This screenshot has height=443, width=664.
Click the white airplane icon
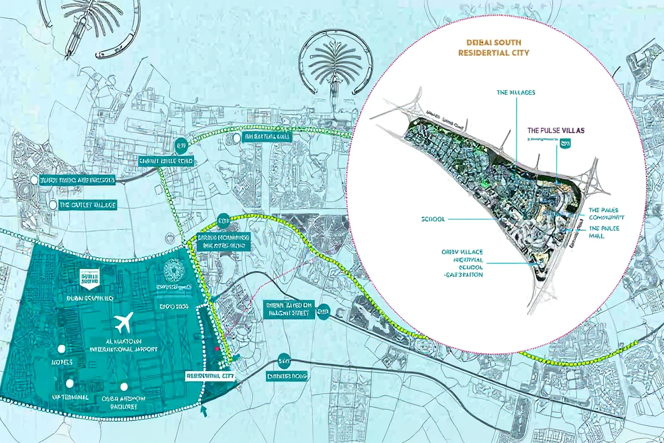click(x=123, y=322)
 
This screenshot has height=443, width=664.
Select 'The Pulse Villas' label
click(x=557, y=129)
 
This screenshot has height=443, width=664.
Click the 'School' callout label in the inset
click(x=433, y=219)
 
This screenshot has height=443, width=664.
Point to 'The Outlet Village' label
click(x=88, y=205)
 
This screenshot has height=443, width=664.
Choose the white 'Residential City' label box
click(x=210, y=375)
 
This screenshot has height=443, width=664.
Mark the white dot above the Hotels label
click(x=62, y=349)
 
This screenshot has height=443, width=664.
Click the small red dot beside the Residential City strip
click(x=217, y=348)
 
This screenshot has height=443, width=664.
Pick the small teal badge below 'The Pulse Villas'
click(x=565, y=142)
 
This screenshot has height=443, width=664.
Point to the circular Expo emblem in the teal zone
click(x=173, y=272)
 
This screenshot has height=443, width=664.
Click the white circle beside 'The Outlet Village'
click(x=53, y=205)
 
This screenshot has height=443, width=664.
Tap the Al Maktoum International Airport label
click(x=123, y=344)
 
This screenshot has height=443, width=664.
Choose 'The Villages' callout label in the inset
click(x=516, y=92)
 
